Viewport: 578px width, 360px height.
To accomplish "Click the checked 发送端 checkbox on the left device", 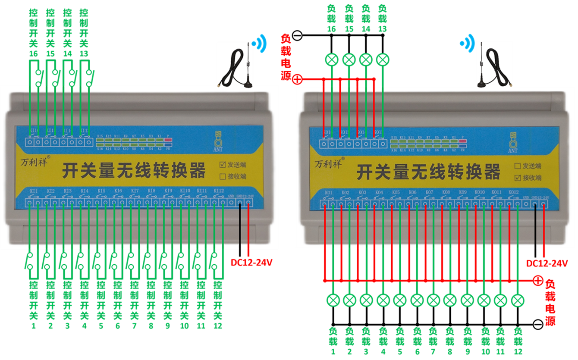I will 223,164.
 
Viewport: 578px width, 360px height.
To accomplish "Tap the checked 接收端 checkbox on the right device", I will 517,178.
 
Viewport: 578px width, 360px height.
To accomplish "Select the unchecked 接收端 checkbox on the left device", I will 223,176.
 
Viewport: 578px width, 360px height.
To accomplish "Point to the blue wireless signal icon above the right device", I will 468,43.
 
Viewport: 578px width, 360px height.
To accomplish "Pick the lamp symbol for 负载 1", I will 333,300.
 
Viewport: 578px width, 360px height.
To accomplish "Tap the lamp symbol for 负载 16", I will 332,59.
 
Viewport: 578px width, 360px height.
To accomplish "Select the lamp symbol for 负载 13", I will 382,59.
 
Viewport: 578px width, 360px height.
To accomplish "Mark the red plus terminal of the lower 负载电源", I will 538,281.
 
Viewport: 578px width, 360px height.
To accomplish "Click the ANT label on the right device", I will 513,151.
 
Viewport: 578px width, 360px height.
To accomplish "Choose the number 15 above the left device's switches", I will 50,54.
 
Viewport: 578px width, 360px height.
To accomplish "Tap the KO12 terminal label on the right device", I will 513,192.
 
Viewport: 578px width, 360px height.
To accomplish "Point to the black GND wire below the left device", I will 240,229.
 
